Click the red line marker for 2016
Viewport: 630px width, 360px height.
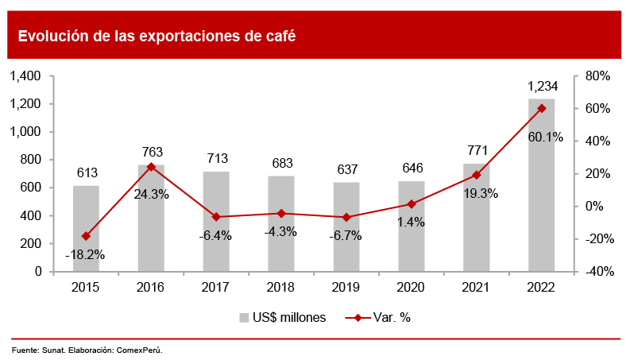(x=151, y=167)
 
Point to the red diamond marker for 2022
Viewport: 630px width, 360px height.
(x=542, y=108)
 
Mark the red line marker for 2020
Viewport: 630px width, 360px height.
(x=412, y=204)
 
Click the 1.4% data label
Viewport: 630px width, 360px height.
(x=412, y=222)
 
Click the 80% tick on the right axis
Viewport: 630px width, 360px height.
(x=597, y=76)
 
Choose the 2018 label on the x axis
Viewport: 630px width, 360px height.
(x=281, y=286)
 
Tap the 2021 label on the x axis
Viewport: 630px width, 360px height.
(x=477, y=286)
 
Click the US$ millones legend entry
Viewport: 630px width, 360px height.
(x=283, y=317)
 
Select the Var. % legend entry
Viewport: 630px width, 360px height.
(x=379, y=317)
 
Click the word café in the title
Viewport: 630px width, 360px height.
(x=279, y=36)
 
